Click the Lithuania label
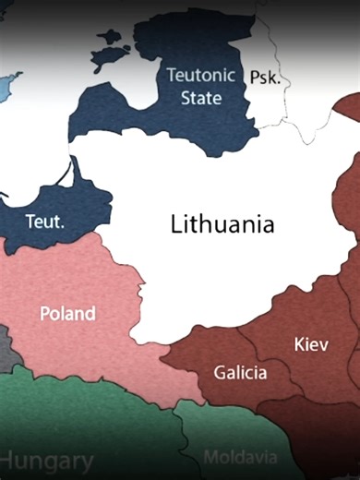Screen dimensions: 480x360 click(222, 224)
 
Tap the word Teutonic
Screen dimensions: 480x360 click(200, 76)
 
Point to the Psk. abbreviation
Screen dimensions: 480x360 click(265, 78)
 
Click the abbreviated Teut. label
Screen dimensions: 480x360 click(44, 222)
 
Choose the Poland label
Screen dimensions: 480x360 click(67, 313)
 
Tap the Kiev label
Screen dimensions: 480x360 click(310, 344)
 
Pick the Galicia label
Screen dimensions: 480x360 click(240, 373)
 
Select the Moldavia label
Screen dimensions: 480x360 click(239, 457)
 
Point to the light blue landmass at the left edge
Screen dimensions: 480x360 click(6, 88)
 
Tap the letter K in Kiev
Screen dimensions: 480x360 click(298, 344)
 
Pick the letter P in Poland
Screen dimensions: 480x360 click(44, 313)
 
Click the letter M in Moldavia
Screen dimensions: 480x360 click(210, 457)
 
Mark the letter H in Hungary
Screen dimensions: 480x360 click(10, 460)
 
